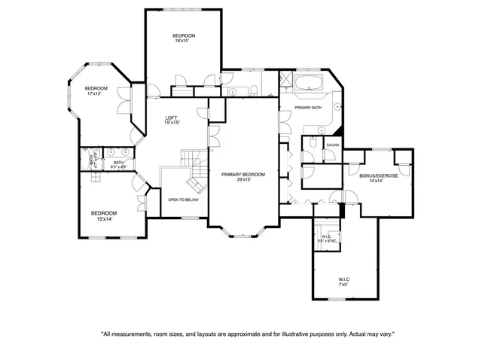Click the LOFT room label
[x=172, y=117]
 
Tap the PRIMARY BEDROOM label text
[x=241, y=174]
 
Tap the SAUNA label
[x=331, y=143]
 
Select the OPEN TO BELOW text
[x=183, y=200]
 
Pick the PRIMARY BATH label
[x=309, y=108]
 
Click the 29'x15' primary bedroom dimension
[x=241, y=180]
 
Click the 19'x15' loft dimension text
[x=172, y=123]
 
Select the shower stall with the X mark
[x=285, y=80]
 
